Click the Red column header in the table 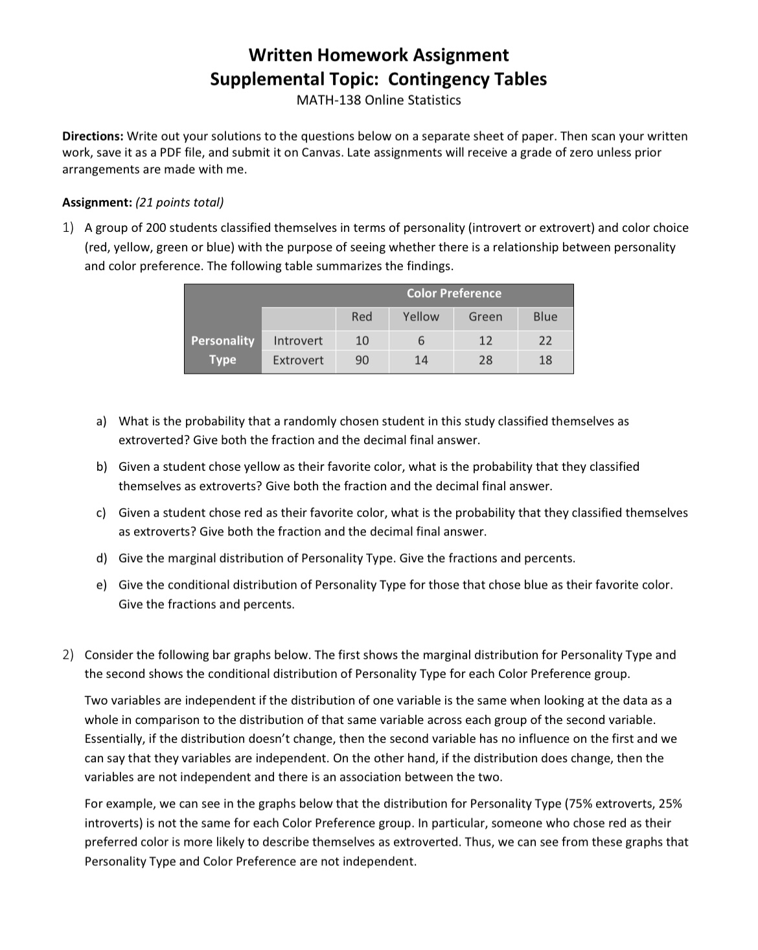pyautogui.click(x=362, y=317)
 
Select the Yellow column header pyautogui.click(x=420, y=317)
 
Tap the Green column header pyautogui.click(x=485, y=317)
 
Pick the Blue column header pyautogui.click(x=545, y=317)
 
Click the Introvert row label pyautogui.click(x=298, y=341)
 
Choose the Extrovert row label pyautogui.click(x=298, y=360)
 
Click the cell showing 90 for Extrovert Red pyautogui.click(x=362, y=360)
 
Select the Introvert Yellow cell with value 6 pyautogui.click(x=421, y=341)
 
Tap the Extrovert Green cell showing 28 pyautogui.click(x=485, y=360)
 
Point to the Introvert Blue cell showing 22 pyautogui.click(x=546, y=341)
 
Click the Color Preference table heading pyautogui.click(x=454, y=293)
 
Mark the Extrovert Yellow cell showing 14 pyautogui.click(x=421, y=360)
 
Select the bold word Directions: pyautogui.click(x=93, y=137)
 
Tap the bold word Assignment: pyautogui.click(x=97, y=203)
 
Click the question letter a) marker pyautogui.click(x=101, y=422)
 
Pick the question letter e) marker pyautogui.click(x=101, y=585)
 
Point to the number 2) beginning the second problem pyautogui.click(x=68, y=655)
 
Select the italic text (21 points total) pyautogui.click(x=179, y=203)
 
